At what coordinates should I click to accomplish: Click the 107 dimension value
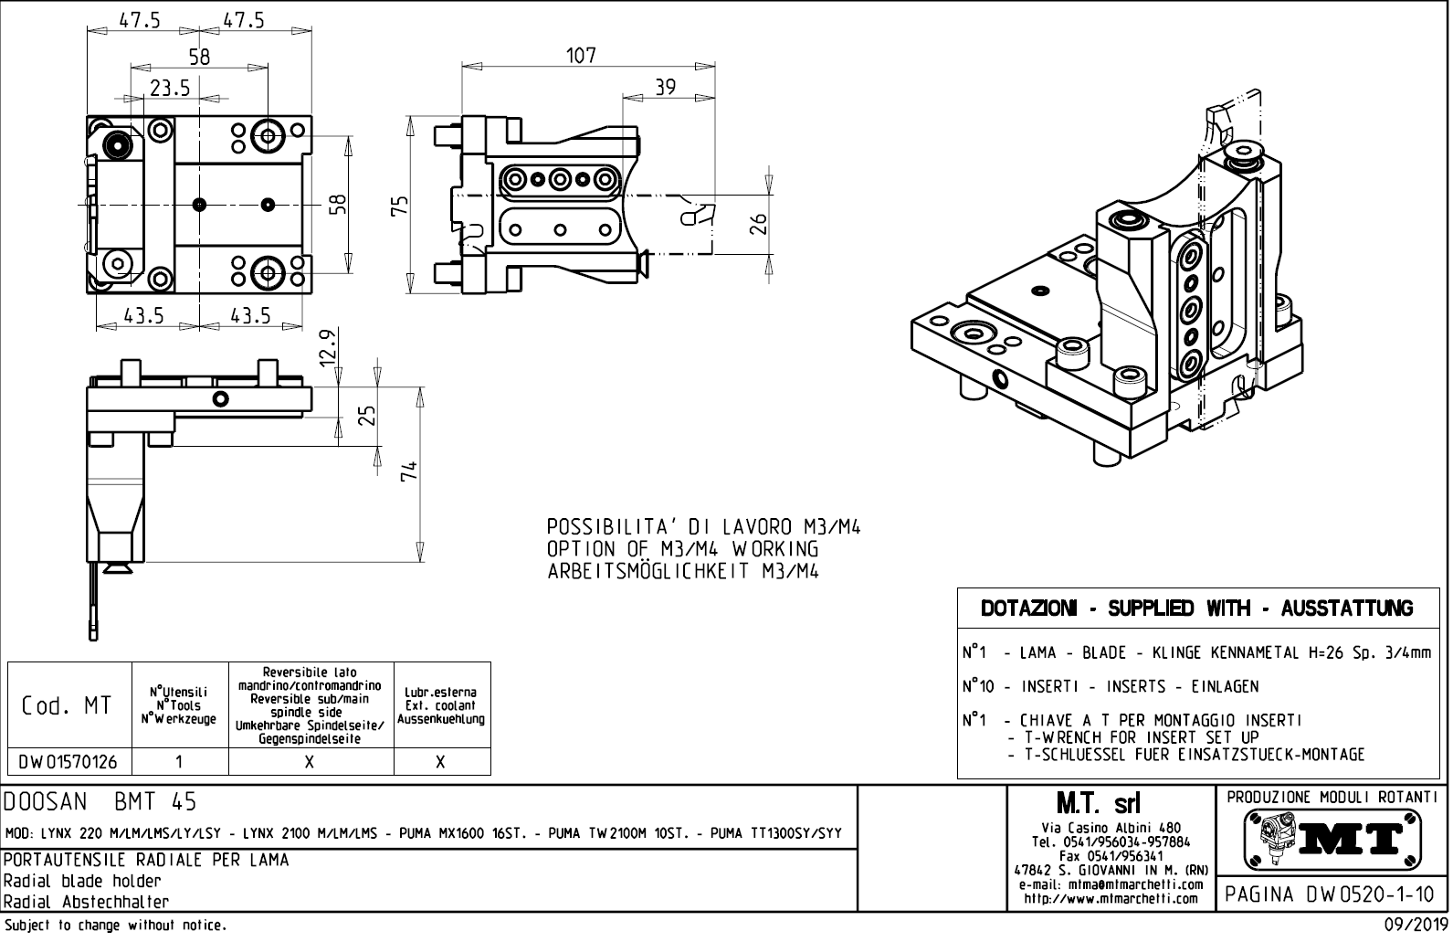pos(580,56)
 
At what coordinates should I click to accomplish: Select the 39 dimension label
pos(666,87)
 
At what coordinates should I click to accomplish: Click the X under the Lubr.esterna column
pos(441,762)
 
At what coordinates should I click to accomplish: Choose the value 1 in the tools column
pos(180,762)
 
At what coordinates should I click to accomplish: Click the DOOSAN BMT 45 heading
pos(100,802)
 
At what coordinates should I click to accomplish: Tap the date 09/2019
pos(1413,926)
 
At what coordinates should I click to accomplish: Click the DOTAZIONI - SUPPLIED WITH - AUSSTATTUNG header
pos(1196,609)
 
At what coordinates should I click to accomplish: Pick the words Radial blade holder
pos(82,882)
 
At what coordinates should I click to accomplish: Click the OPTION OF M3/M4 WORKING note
pos(682,549)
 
